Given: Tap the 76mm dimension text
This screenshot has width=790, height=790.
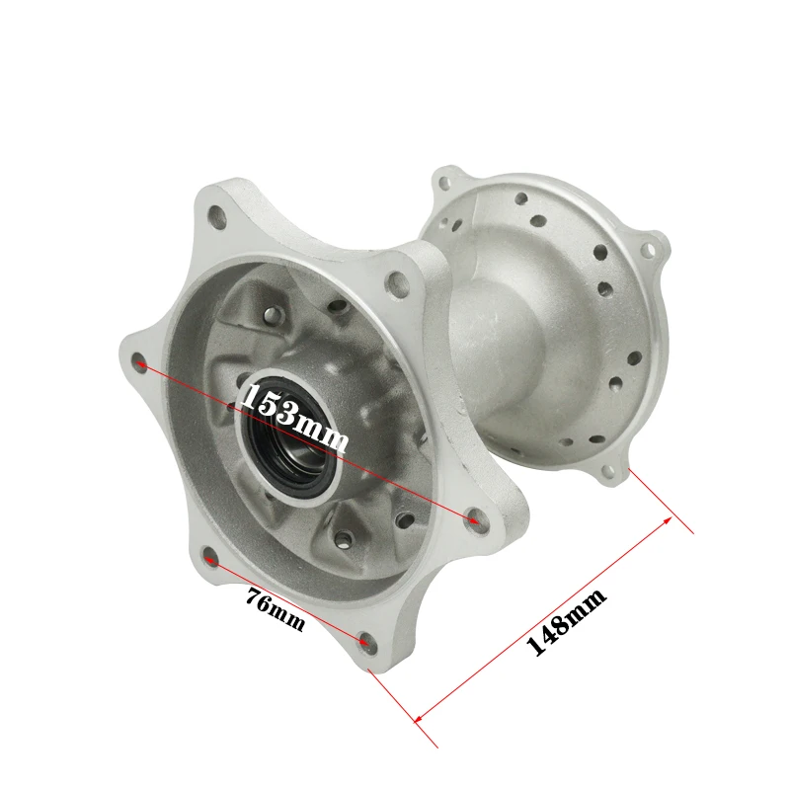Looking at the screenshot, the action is pyautogui.click(x=276, y=609).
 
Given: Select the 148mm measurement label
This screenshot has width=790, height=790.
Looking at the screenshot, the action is pyautogui.click(x=566, y=622).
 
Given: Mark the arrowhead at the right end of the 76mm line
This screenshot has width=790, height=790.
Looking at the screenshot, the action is pyautogui.click(x=363, y=641).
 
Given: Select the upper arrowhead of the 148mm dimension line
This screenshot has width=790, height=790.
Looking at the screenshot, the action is pyautogui.click(x=668, y=520).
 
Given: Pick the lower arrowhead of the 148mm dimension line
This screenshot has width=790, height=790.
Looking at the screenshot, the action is pyautogui.click(x=418, y=718).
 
